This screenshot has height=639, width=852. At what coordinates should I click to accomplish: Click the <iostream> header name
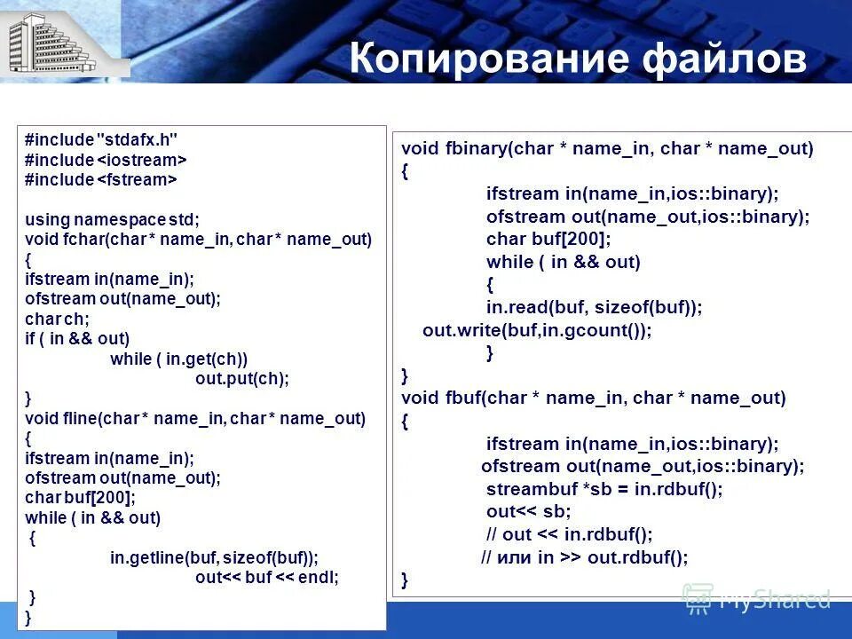[141, 160]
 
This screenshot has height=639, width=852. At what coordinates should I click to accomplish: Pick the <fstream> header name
[137, 180]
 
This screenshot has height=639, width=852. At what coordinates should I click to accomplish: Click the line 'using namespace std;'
[112, 219]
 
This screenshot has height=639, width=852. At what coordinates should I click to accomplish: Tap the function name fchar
[78, 240]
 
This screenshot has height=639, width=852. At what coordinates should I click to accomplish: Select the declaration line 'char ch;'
[57, 319]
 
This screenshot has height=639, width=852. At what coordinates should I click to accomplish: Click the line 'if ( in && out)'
[77, 338]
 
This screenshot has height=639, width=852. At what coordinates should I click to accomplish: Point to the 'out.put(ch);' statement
[242, 378]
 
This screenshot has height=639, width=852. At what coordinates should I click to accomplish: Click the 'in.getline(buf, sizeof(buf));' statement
[214, 557]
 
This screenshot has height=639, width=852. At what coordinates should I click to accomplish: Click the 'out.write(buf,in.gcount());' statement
[537, 330]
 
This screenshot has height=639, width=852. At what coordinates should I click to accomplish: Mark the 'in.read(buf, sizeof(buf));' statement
[594, 307]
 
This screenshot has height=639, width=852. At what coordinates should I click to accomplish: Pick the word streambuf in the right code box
[530, 489]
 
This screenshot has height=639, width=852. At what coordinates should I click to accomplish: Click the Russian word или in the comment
[514, 557]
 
